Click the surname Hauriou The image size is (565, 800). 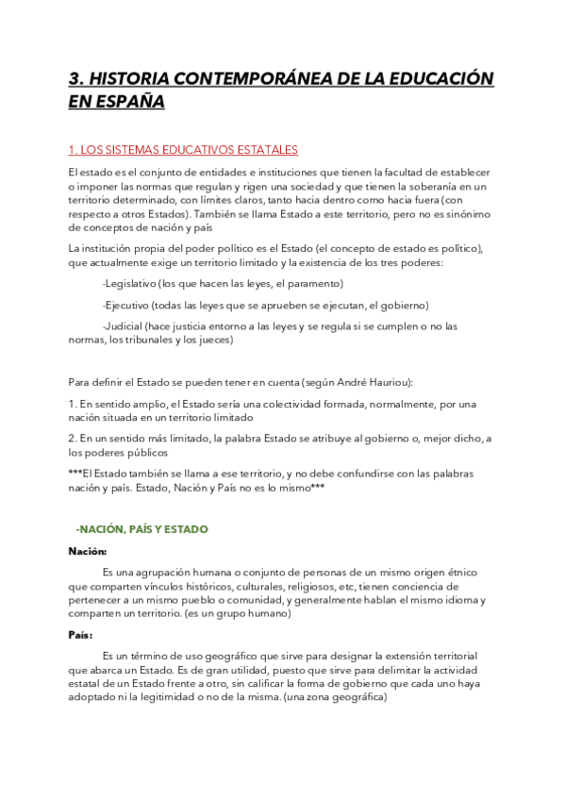coord(389,382)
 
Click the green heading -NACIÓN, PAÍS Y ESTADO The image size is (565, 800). coord(141,529)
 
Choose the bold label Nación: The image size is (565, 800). coord(88,551)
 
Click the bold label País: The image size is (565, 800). coord(82,636)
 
